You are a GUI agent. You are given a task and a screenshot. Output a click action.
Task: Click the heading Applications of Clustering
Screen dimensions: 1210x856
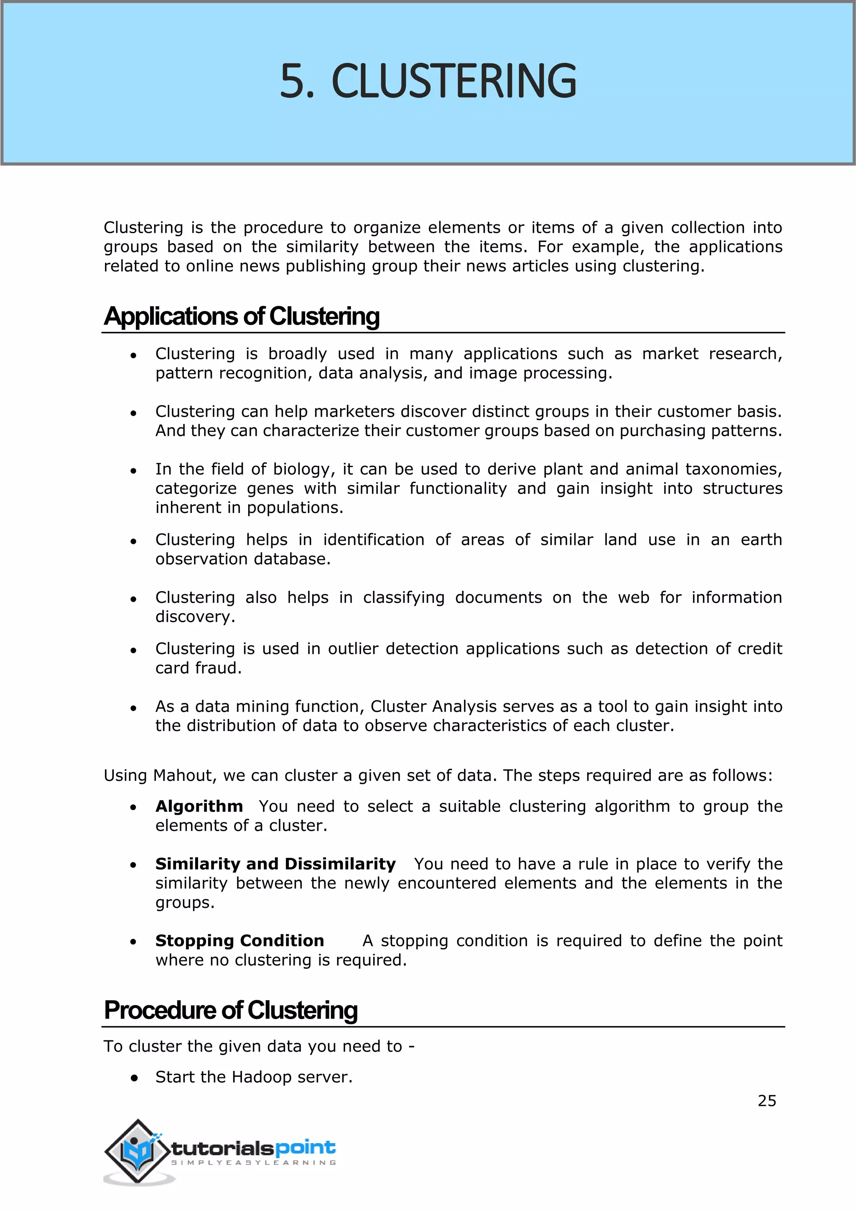click(242, 317)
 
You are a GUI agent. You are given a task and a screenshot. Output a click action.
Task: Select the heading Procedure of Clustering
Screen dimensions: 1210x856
click(231, 1010)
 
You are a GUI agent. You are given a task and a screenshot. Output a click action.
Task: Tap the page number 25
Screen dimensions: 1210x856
click(767, 1101)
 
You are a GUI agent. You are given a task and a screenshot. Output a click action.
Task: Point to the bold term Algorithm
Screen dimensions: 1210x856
click(199, 806)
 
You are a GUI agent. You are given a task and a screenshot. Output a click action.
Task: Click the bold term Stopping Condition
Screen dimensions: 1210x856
click(239, 941)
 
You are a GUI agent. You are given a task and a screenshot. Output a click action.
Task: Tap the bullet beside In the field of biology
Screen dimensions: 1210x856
click(134, 470)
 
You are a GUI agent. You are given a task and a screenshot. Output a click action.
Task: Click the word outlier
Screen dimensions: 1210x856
click(353, 649)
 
